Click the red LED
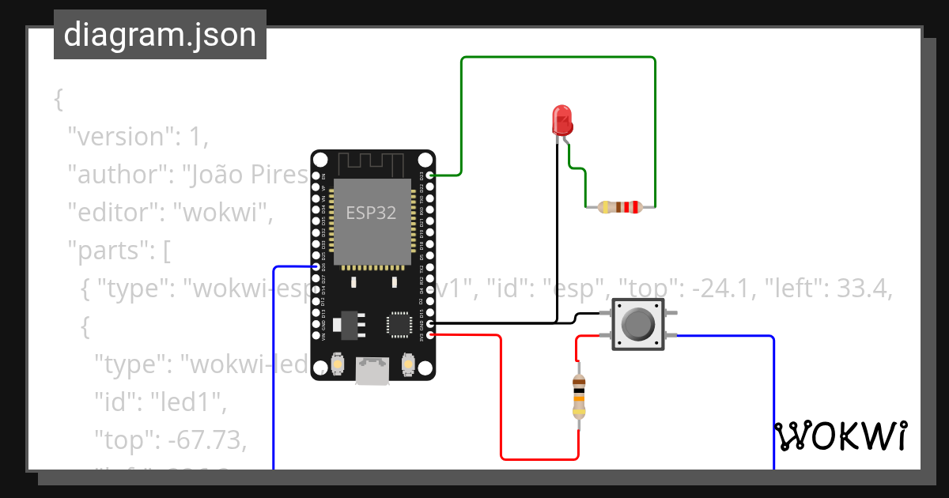tap(562, 120)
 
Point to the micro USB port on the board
tap(372, 371)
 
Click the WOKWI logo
tap(841, 436)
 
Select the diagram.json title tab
tap(160, 35)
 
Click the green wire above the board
tap(558, 58)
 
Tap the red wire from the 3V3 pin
tap(501, 395)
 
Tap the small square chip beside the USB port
tap(399, 325)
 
